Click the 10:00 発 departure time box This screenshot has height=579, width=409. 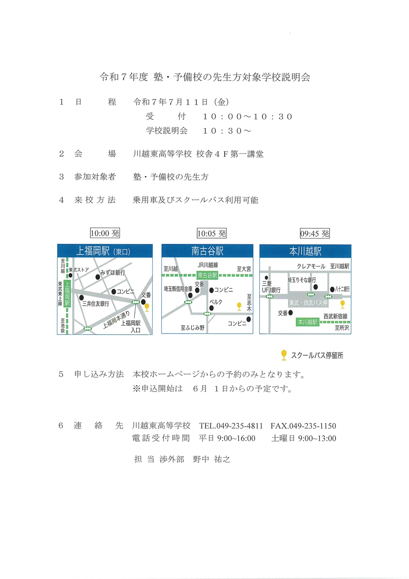pyautogui.click(x=105, y=233)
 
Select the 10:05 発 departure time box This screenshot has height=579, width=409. pyautogui.click(x=211, y=233)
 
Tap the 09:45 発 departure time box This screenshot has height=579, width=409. pyautogui.click(x=315, y=233)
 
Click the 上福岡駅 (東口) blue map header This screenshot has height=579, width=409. pyautogui.click(x=105, y=251)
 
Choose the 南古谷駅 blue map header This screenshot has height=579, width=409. pyautogui.click(x=207, y=251)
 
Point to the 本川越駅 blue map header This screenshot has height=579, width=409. pyautogui.click(x=306, y=251)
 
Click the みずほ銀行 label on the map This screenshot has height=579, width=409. pyautogui.click(x=112, y=273)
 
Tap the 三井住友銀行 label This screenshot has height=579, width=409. pyautogui.click(x=96, y=304)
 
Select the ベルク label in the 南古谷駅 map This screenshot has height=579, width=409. pyautogui.click(x=216, y=302)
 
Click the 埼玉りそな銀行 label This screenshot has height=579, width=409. pyautogui.click(x=302, y=280)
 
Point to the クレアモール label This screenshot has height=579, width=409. pyautogui.click(x=311, y=266)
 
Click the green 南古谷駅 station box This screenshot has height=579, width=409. pyautogui.click(x=207, y=275)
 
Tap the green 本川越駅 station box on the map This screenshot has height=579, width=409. pyautogui.click(x=308, y=322)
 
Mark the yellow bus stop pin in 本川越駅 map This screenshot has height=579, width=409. pyautogui.click(x=343, y=304)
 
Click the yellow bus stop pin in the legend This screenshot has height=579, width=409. pyautogui.click(x=284, y=355)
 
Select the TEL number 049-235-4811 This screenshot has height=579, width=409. pyautogui.click(x=231, y=426)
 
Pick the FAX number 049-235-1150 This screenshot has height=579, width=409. pyautogui.click(x=303, y=426)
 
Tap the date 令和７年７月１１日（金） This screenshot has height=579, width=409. pyautogui.click(x=181, y=102)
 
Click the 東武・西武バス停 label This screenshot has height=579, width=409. pyautogui.click(x=308, y=302)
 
